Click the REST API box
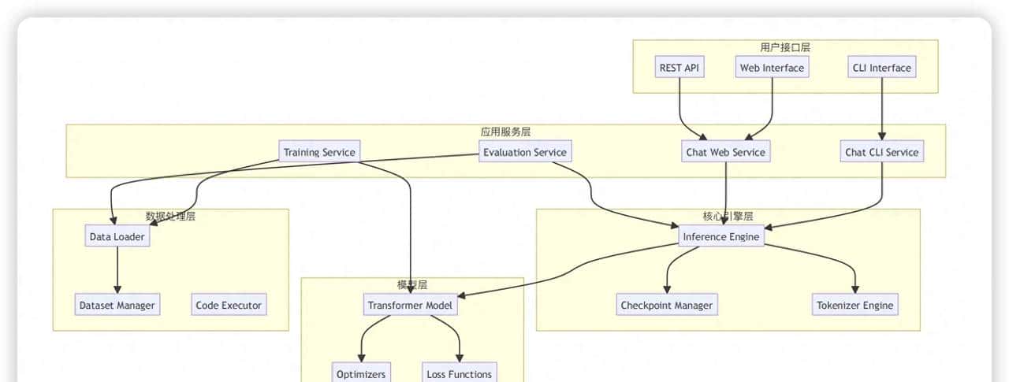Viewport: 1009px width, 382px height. [679, 68]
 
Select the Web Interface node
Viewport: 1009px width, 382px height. [772, 68]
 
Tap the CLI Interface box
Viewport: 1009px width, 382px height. [881, 68]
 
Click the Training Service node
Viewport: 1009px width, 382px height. [319, 152]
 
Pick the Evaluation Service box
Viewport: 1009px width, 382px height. [524, 152]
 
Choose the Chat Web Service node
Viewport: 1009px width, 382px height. [725, 152]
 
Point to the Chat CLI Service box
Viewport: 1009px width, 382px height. [881, 152]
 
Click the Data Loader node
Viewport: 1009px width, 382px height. [117, 236]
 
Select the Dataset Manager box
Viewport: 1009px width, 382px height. [117, 305]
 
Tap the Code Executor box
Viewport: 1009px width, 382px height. [229, 305]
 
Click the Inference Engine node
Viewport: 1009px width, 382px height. [721, 236]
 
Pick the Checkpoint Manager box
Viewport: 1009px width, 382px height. [666, 305]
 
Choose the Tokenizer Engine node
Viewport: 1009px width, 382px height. [855, 305]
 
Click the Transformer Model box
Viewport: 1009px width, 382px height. [411, 305]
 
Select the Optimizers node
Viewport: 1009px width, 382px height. [361, 373]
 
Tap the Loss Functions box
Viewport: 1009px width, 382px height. [459, 373]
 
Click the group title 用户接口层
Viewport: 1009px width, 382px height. [785, 47]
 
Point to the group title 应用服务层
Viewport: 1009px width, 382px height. [505, 132]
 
